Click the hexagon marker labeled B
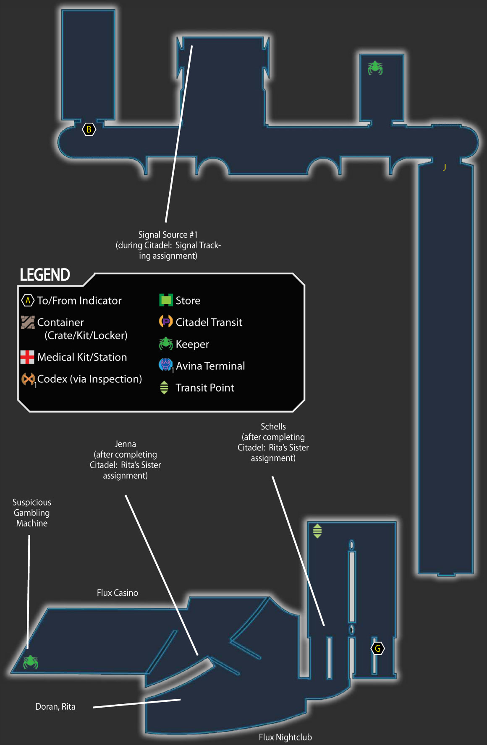click(89, 129)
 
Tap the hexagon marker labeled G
click(378, 648)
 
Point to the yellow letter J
click(445, 167)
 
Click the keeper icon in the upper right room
click(375, 68)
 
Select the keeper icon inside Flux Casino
click(30, 662)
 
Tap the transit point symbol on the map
click(317, 531)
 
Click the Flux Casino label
click(118, 593)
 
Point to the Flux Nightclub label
click(285, 737)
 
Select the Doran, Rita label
click(55, 707)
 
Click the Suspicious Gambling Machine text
click(32, 513)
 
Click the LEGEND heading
click(45, 275)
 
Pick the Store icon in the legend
click(166, 300)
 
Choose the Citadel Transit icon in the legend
click(166, 321)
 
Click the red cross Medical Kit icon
click(27, 357)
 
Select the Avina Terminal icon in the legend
click(165, 365)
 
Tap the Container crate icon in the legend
click(28, 322)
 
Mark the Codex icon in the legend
click(28, 379)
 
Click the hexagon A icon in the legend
click(28, 300)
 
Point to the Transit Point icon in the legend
click(164, 387)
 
